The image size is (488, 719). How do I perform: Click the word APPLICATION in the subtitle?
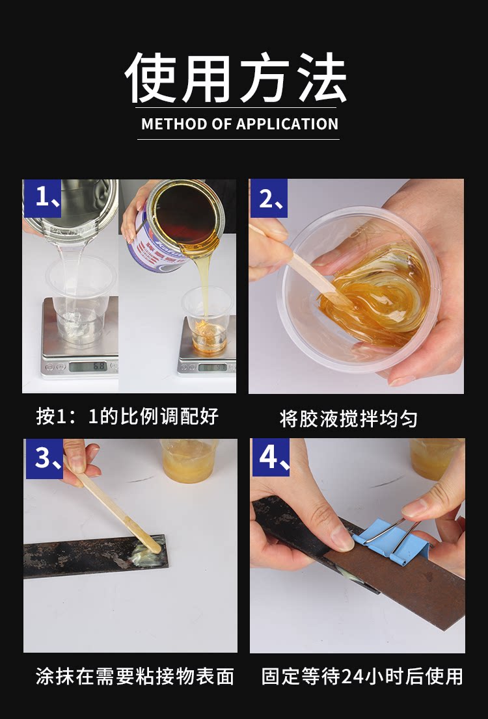click(288, 124)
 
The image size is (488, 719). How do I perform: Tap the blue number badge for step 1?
click(42, 198)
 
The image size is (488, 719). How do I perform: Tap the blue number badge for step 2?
click(269, 198)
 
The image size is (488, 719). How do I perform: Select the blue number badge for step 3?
click(44, 458)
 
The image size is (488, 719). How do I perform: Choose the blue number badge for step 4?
click(271, 457)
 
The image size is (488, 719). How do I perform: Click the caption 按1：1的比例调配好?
click(127, 416)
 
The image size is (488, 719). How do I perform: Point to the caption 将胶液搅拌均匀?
click(349, 419)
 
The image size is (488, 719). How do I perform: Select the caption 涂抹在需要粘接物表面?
click(135, 676)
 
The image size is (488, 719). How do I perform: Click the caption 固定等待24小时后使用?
click(362, 676)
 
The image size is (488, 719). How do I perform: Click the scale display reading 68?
click(88, 367)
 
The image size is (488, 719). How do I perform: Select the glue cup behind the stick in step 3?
click(189, 460)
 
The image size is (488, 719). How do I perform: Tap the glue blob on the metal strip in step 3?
click(146, 555)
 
